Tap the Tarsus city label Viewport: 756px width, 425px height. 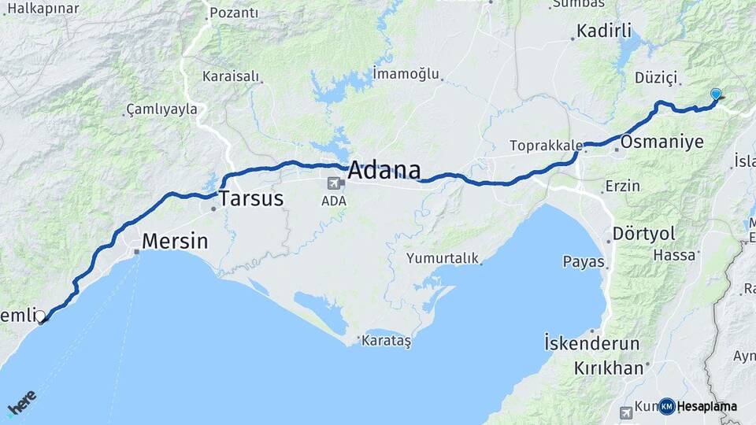[x=250, y=198]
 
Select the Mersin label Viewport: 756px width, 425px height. [x=175, y=241]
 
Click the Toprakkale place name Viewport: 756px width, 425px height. [x=546, y=146]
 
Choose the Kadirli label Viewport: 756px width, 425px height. [x=604, y=31]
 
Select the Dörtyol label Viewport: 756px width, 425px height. [x=644, y=234]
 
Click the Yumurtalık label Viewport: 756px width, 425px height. [x=442, y=257]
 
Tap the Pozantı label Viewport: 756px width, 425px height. [x=234, y=13]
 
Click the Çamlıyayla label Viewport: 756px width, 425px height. [x=161, y=109]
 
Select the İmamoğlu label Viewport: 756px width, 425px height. [x=406, y=74]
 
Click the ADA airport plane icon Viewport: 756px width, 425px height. [x=334, y=183]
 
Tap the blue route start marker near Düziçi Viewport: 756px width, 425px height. [x=715, y=94]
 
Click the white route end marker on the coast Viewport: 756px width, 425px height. [x=41, y=316]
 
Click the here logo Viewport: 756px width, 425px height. [x=21, y=402]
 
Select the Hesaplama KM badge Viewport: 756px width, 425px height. [x=698, y=406]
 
